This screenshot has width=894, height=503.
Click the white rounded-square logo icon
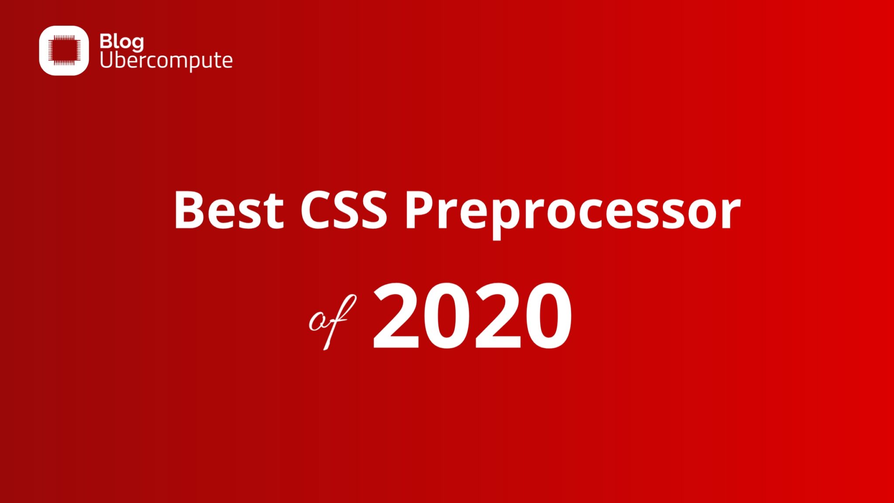click(64, 50)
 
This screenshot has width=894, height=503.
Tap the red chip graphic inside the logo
click(64, 50)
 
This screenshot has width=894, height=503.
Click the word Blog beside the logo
click(121, 42)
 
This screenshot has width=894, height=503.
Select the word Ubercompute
click(166, 60)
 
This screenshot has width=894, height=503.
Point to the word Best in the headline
click(229, 210)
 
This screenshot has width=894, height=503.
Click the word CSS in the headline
click(344, 210)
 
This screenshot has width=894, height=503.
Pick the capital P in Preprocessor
click(421, 210)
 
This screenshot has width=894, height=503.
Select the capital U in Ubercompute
click(107, 59)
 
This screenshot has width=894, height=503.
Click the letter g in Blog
click(137, 44)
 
